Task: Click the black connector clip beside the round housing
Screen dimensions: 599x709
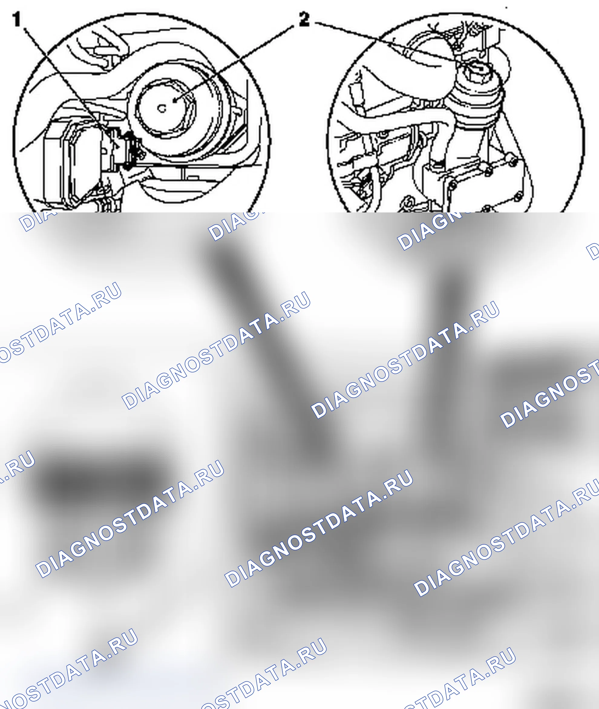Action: point(131,149)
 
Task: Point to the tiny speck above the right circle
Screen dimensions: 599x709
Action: point(506,7)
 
